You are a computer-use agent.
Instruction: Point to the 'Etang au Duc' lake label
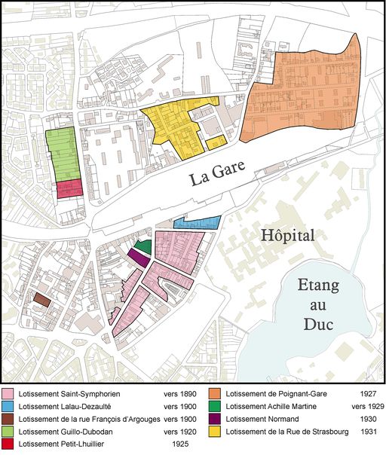[x=315, y=306]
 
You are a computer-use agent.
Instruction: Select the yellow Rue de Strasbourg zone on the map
[x=175, y=128]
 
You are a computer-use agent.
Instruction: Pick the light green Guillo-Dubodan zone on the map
[x=61, y=154]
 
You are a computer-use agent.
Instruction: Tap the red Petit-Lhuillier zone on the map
[x=69, y=188]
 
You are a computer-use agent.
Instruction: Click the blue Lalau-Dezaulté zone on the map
[x=197, y=223]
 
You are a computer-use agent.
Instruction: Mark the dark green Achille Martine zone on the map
[x=143, y=246]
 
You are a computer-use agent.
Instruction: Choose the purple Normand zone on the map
[x=138, y=258]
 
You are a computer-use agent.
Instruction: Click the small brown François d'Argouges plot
[x=41, y=300]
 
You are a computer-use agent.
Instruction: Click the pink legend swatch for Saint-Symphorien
[x=9, y=394]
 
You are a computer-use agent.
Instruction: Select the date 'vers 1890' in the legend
[x=180, y=394]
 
